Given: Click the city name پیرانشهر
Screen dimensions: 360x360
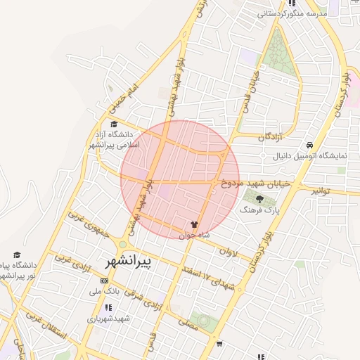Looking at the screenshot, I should click(128, 262).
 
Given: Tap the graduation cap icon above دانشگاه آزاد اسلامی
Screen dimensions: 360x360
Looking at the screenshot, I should click(115, 124).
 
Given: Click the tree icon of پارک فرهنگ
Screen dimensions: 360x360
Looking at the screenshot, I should click(259, 199).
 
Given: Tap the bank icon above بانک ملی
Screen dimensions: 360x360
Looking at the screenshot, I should click(105, 280).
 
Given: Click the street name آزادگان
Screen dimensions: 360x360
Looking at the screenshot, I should click(269, 136).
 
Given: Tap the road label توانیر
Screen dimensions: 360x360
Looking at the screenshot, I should click(321, 191).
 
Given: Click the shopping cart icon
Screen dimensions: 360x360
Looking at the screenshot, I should click(220, 344).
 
